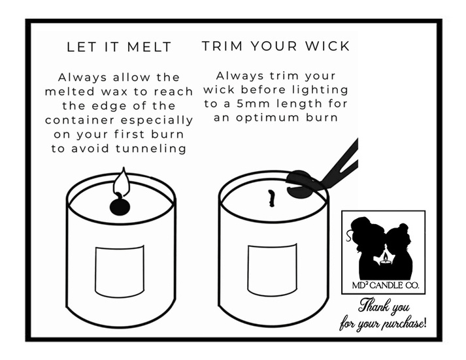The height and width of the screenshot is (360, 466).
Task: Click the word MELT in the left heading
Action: coord(149,47)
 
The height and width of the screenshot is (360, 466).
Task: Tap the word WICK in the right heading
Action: coord(327,46)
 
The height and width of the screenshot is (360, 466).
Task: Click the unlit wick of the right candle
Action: coord(271,199)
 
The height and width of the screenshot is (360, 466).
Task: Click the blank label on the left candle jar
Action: coord(120,271)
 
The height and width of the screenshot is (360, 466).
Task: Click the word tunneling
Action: coord(151,148)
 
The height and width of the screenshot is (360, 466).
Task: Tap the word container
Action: coord(80,120)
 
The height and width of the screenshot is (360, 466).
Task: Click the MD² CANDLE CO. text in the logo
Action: coord(386,286)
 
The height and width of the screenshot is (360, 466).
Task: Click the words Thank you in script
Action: coord(384,306)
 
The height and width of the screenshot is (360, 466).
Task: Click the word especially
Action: coord(157,121)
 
